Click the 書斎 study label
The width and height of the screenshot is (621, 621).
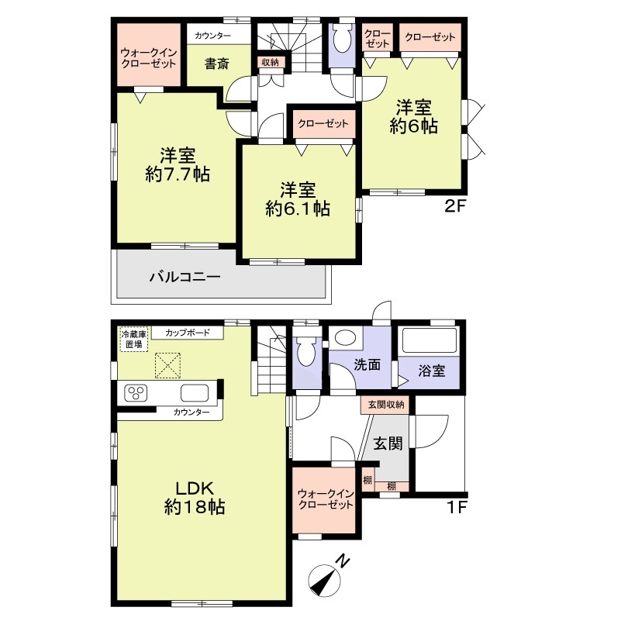click(x=216, y=64)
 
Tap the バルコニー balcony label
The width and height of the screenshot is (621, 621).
click(x=185, y=277)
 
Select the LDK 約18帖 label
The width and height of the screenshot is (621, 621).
click(x=195, y=498)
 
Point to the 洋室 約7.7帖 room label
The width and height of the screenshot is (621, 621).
click(x=178, y=165)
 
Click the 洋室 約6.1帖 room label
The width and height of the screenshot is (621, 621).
click(x=298, y=199)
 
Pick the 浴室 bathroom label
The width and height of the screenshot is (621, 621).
click(x=431, y=371)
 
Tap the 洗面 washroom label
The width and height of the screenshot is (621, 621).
click(x=367, y=364)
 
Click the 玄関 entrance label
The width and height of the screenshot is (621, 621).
click(x=388, y=443)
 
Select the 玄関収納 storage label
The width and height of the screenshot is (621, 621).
click(x=386, y=405)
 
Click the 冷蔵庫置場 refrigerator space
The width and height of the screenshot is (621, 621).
click(x=134, y=340)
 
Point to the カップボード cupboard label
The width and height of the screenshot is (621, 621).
click(x=188, y=333)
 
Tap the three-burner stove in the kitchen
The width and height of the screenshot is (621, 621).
click(x=136, y=393)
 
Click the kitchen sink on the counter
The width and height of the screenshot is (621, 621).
click(x=195, y=393)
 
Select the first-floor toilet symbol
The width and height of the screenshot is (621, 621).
click(x=306, y=350)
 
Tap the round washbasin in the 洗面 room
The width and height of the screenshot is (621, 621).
click(x=346, y=338)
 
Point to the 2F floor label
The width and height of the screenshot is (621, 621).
click(x=454, y=207)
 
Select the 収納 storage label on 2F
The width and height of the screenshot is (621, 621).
click(x=270, y=62)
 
